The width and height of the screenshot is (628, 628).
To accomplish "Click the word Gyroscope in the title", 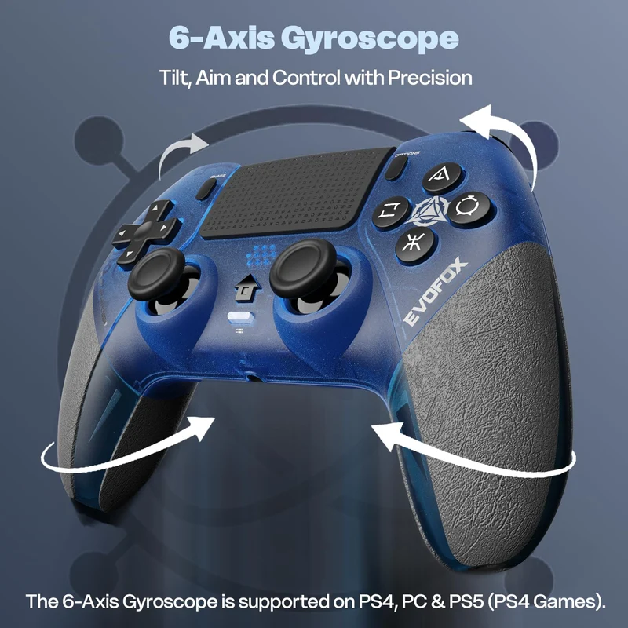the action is pyautogui.click(x=369, y=39).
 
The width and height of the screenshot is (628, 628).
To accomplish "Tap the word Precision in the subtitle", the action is pyautogui.click(x=429, y=77).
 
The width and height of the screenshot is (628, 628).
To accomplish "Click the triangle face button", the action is pyautogui.click(x=441, y=178).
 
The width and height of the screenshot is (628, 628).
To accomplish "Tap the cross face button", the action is pyautogui.click(x=414, y=244).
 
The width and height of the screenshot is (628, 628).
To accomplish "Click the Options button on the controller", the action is pyautogui.click(x=396, y=167).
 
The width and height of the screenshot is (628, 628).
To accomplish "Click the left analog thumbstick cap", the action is pyautogui.click(x=156, y=272).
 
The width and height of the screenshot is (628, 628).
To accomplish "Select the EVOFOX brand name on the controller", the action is pyautogui.click(x=435, y=291).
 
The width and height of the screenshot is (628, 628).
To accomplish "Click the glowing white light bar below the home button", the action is pyautogui.click(x=240, y=317).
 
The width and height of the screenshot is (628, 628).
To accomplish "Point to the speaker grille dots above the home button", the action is pyautogui.click(x=261, y=256).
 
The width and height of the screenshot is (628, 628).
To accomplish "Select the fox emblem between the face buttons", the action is pyautogui.click(x=430, y=212).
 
